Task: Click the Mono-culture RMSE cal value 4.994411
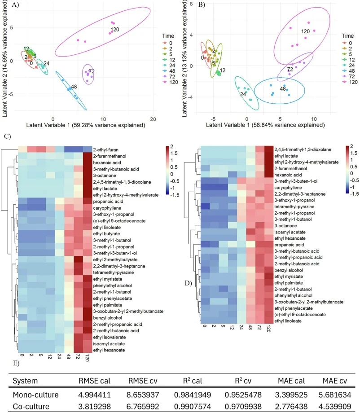pyautogui.click(x=95, y=395)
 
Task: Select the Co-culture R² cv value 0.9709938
pyautogui.click(x=243, y=406)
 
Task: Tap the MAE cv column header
pyautogui.click(x=335, y=381)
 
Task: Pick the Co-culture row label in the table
pyautogui.click(x=31, y=406)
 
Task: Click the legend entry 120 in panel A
pyautogui.click(x=174, y=82)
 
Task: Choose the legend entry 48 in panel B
pyautogui.click(x=351, y=71)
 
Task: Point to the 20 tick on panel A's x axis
pyautogui.click(x=153, y=119)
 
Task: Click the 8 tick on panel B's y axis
pyautogui.click(x=191, y=4)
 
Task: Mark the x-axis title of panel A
pyautogui.click(x=86, y=125)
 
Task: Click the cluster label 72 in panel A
pyautogui.click(x=92, y=71)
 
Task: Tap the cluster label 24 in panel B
pyautogui.click(x=243, y=94)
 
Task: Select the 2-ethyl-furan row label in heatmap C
pyautogui.click(x=105, y=150)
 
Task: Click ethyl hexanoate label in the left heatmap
pyautogui.click(x=109, y=350)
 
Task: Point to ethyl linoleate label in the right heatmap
pyautogui.click(x=288, y=321)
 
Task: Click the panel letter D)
pyautogui.click(x=188, y=283)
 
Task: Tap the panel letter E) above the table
pyautogui.click(x=16, y=363)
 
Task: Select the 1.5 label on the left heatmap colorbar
pyautogui.click(x=174, y=153)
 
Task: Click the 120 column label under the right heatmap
pyautogui.click(x=268, y=329)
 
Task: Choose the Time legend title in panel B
pyautogui.click(x=347, y=36)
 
